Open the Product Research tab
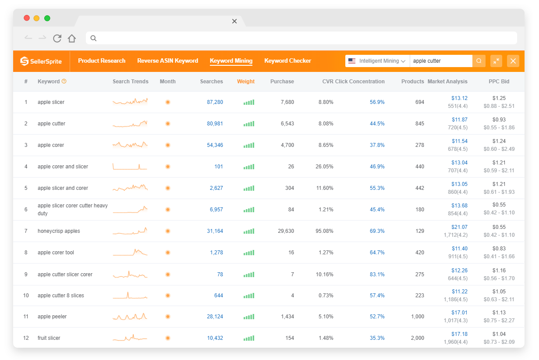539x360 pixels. point(102,61)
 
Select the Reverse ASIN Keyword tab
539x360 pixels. point(167,61)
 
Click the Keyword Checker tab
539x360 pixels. point(287,61)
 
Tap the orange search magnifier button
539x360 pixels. point(479,61)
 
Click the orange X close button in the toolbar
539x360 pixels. point(513,61)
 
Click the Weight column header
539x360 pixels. point(246,82)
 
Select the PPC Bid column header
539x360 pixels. point(499,82)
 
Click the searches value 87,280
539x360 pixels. point(215,102)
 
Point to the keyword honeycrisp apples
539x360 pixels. point(59,231)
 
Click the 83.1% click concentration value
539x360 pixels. point(377,274)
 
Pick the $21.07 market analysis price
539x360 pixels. point(459,227)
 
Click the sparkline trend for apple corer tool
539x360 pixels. point(130,253)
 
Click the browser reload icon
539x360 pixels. point(57,38)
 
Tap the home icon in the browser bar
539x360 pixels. point(72,38)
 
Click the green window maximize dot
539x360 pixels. point(47,18)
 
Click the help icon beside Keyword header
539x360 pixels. point(64,81)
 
